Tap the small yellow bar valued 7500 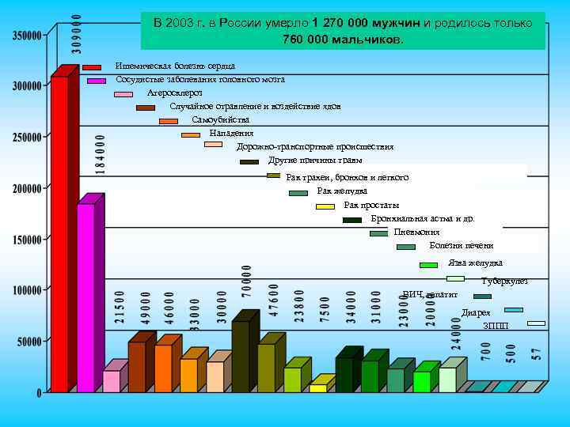pyautogui.click(x=317, y=388)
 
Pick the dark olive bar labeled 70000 pyautogui.click(x=241, y=356)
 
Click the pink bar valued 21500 pyautogui.click(x=112, y=380)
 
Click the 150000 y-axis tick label pyautogui.click(x=28, y=239)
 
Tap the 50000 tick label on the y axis pyautogui.click(x=30, y=341)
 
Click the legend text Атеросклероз pyautogui.click(x=175, y=93)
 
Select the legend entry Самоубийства pyautogui.click(x=215, y=119)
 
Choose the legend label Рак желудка pyautogui.click(x=342, y=191)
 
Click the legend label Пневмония pyautogui.click(x=416, y=232)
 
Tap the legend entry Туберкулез pyautogui.click(x=504, y=281)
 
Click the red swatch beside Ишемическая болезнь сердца pyautogui.click(x=92, y=67)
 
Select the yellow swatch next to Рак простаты pyautogui.click(x=325, y=206)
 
